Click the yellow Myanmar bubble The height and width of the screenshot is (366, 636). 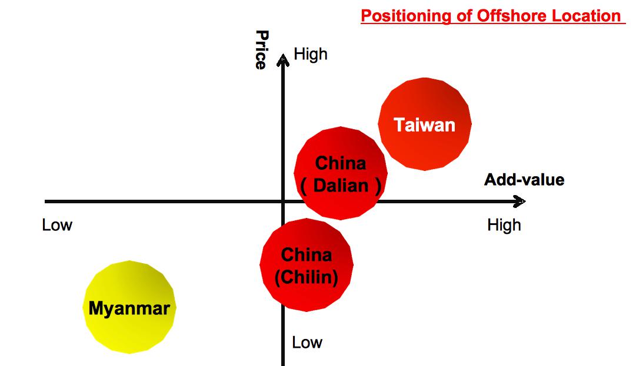click(129, 307)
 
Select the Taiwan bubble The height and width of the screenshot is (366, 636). click(425, 124)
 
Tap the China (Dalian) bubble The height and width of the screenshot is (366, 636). click(341, 173)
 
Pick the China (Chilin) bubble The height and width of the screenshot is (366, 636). click(307, 265)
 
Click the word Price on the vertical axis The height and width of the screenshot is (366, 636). click(262, 50)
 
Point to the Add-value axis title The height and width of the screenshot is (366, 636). click(524, 179)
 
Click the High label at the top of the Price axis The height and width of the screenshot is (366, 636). click(310, 54)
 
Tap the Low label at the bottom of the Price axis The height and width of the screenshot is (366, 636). click(307, 343)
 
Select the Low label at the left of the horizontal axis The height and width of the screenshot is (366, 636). click(57, 225)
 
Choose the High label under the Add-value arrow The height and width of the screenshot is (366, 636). click(504, 225)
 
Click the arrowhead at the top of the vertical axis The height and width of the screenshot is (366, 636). click(283, 60)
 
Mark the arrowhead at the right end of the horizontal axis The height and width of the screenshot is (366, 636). click(520, 202)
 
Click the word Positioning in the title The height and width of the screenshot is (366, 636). click(406, 16)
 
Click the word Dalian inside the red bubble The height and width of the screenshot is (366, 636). click(341, 186)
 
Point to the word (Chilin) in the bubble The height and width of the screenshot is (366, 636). click(307, 277)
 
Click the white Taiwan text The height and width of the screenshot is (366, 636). click(425, 125)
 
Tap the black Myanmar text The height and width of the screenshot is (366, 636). click(129, 308)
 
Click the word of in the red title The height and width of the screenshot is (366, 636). click(464, 16)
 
